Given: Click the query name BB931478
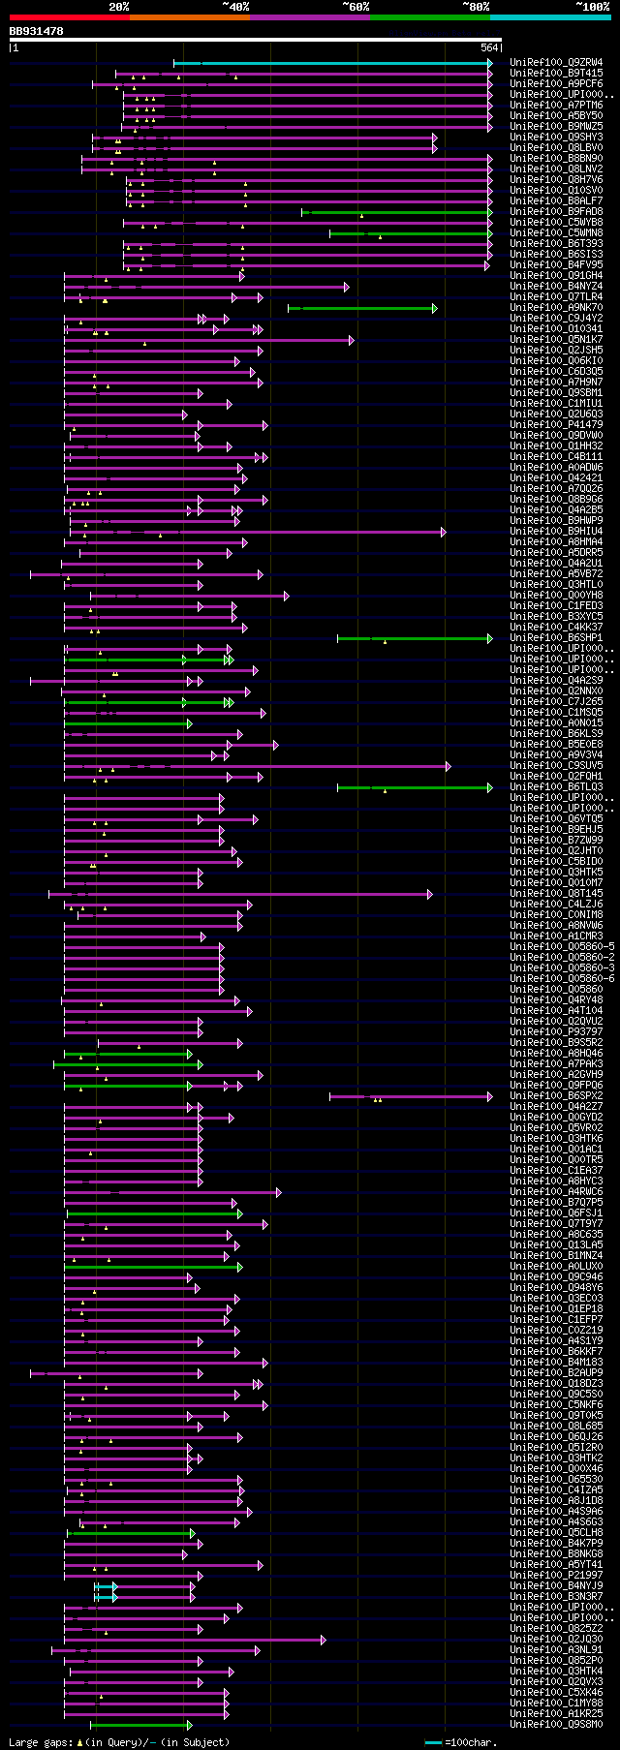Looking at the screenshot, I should [37, 31].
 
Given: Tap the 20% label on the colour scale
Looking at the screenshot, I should [118, 7].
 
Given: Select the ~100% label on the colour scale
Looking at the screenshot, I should [591, 7].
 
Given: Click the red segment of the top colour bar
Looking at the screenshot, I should [69, 16].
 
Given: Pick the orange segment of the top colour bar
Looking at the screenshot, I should [189, 16].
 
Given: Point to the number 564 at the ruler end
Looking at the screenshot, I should [489, 47].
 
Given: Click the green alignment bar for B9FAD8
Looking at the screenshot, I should [397, 212].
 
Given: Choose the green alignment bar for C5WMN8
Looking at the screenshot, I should [411, 233].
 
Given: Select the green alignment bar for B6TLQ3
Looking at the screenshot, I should [415, 787].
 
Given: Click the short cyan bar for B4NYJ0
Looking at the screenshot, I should [105, 1586].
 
